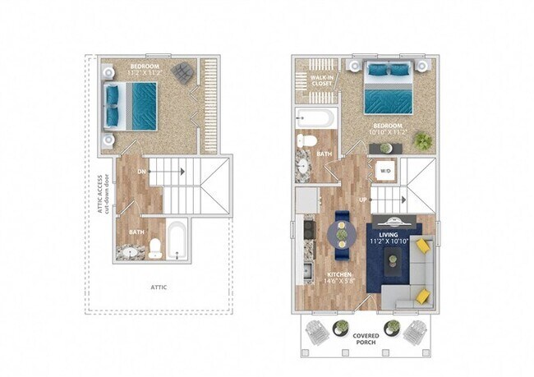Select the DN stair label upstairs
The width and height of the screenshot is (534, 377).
143,172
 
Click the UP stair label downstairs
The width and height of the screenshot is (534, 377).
361,199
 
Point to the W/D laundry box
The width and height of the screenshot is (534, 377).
384,171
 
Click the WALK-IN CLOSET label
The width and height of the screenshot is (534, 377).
320,80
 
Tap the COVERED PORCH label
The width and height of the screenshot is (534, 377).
365,339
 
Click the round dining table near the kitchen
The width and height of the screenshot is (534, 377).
341,234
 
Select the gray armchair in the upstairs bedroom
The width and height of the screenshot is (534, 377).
184,72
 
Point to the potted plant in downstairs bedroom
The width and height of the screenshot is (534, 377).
422,140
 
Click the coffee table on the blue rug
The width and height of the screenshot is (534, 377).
394,263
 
